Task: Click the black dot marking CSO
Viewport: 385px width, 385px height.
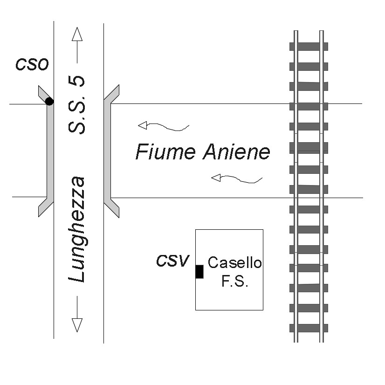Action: pyautogui.click(x=49, y=101)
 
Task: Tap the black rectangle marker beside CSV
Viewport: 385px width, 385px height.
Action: pyautogui.click(x=199, y=271)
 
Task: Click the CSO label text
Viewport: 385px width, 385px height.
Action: pyautogui.click(x=32, y=64)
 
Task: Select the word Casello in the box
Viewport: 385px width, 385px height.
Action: pyautogui.click(x=234, y=263)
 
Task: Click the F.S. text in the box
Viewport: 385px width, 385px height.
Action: pyautogui.click(x=234, y=282)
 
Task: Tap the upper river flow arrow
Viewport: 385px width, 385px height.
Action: pyautogui.click(x=163, y=126)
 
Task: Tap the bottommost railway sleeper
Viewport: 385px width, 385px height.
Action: pyautogui.click(x=309, y=328)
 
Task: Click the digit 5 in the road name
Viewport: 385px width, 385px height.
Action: pyautogui.click(x=78, y=81)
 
